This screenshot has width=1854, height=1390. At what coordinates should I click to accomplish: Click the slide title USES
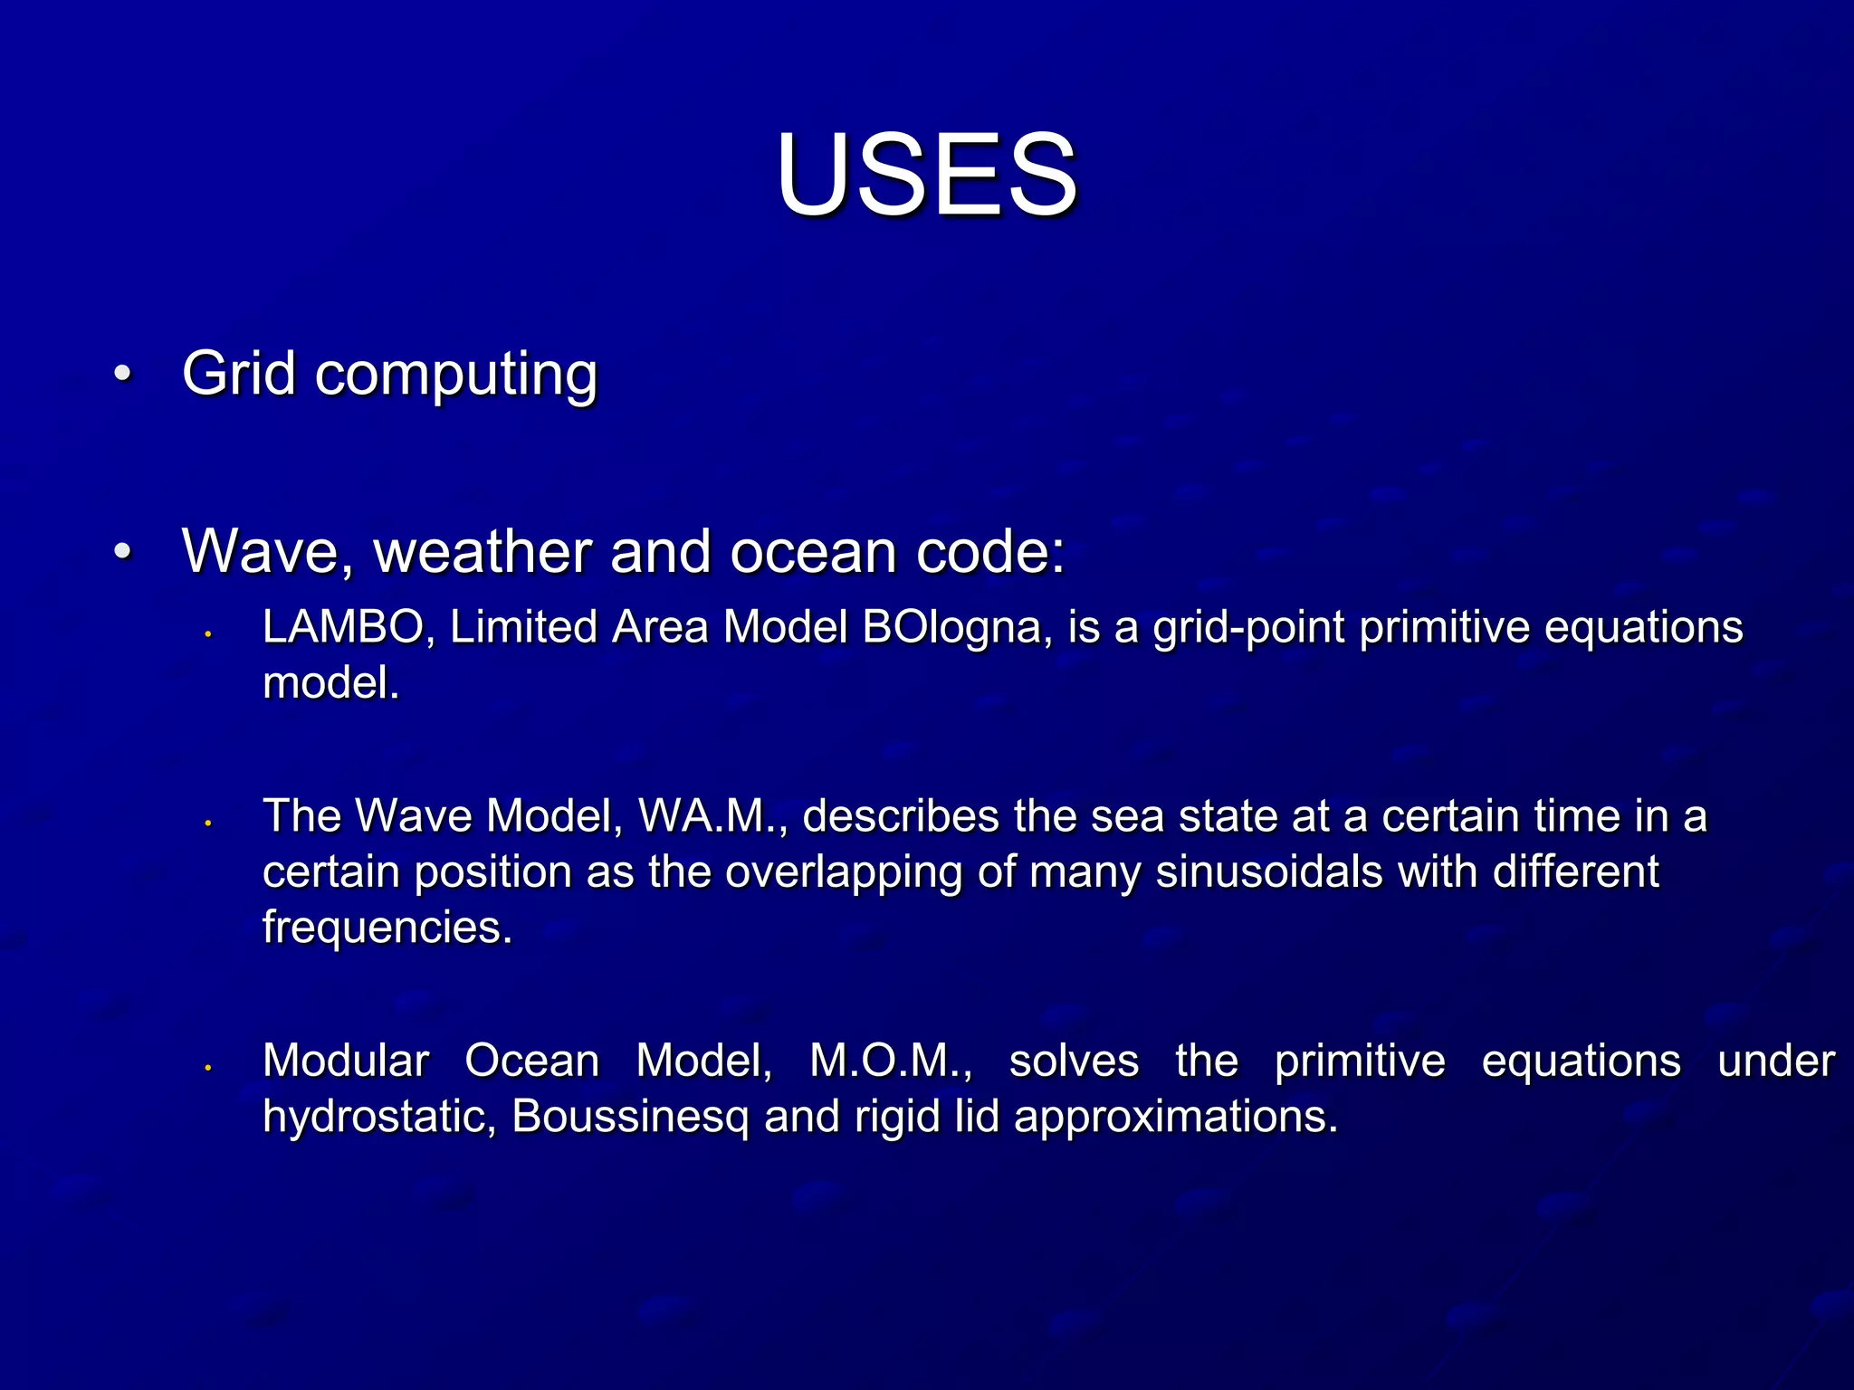[x=926, y=174]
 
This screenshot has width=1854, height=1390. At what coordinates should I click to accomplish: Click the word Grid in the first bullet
[x=238, y=373]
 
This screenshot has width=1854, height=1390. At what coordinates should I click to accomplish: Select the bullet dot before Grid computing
[x=123, y=373]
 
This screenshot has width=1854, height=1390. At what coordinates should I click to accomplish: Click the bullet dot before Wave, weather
[x=123, y=550]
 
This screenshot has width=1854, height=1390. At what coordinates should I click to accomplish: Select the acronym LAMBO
[x=341, y=627]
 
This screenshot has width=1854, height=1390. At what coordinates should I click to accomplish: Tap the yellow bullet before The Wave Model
[x=207, y=824]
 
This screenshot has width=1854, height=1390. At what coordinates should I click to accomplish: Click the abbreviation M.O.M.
[x=890, y=1062]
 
